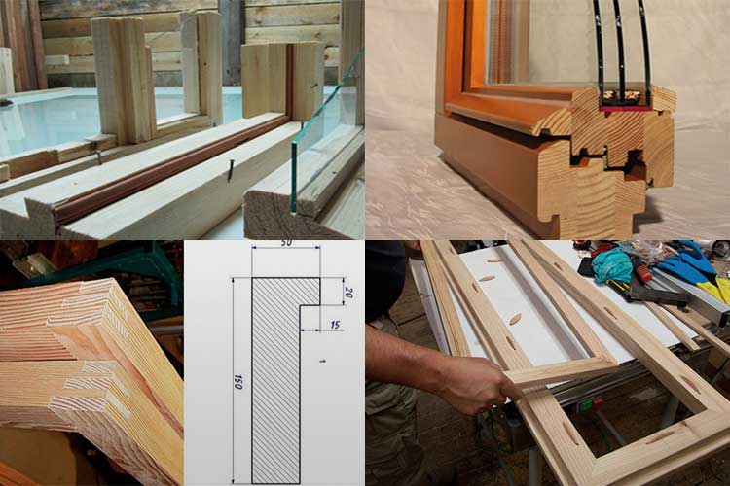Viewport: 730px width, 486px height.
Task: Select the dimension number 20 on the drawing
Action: (x=348, y=293)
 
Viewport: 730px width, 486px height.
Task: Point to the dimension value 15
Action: (x=335, y=325)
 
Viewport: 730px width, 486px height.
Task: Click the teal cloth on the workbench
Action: (x=613, y=264)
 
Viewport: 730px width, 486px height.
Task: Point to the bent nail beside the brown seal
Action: (x=230, y=171)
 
